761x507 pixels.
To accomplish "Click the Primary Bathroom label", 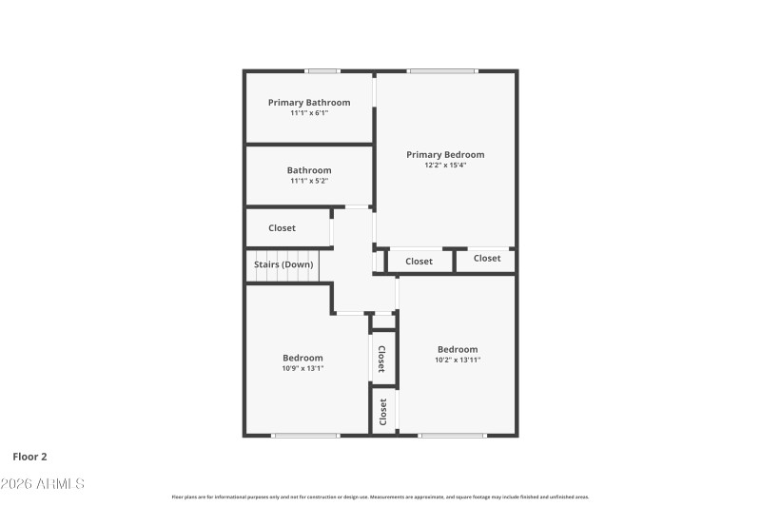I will coord(309,103).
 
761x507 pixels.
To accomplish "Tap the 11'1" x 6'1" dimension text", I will coord(309,113).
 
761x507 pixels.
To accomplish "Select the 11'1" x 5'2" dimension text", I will coord(309,181).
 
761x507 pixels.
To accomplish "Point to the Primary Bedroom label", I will coord(445,154).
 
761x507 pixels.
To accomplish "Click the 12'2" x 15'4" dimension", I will coord(445,166).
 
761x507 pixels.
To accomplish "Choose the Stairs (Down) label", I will coord(283,264).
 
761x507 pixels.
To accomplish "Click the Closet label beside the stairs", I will coord(282,228).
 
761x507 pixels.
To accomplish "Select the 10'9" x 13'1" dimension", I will coord(302,369).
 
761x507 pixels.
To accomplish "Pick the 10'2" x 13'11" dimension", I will coord(458,361).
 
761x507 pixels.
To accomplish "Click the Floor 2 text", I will coord(29,457).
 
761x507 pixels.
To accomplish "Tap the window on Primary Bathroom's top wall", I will coord(322,71).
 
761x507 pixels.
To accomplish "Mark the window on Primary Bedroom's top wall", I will coord(442,71).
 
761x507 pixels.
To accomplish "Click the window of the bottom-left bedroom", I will coord(305,436).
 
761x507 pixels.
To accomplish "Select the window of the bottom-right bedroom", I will coord(453,436).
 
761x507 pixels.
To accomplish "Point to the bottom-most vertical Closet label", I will coord(383,411).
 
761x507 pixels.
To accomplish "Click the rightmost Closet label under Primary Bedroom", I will coord(487,258).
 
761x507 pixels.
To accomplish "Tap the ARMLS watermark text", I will coord(43,484).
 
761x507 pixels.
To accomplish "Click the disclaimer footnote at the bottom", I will coord(380,497).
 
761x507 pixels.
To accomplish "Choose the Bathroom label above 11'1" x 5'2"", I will coord(309,170).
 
